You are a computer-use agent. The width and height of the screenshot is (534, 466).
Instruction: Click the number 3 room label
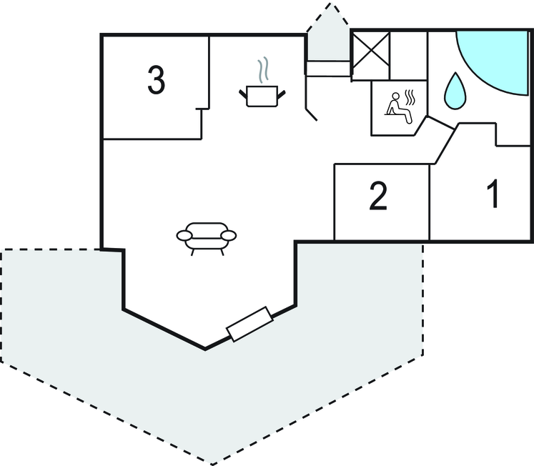(x=156, y=80)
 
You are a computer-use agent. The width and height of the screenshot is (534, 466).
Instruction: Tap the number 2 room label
(x=378, y=197)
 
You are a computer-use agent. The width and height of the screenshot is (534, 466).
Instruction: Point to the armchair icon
(x=206, y=237)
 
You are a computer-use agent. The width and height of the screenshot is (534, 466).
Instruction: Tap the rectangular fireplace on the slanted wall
(x=249, y=324)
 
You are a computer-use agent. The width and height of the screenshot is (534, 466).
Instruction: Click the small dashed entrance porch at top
(x=328, y=36)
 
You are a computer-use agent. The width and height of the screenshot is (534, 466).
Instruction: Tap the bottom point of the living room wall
(x=206, y=349)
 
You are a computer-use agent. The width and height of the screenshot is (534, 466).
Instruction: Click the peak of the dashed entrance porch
(x=330, y=5)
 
